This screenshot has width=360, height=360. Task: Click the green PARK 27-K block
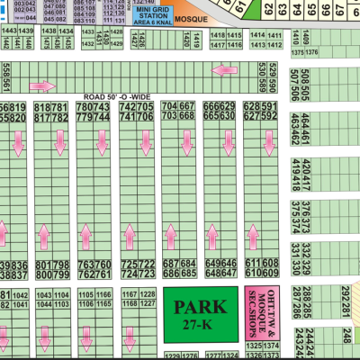[x=204, y=315]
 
